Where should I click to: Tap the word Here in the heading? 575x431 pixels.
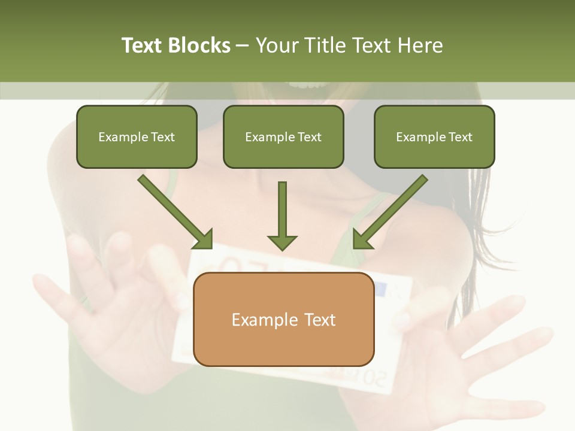tap(422, 45)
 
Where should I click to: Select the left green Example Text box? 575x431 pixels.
tap(137, 136)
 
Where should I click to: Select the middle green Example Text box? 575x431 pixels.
tap(283, 136)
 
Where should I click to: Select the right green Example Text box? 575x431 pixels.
tap(434, 136)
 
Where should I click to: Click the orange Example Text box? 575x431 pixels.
tap(283, 319)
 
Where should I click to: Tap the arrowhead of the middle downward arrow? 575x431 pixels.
tap(282, 242)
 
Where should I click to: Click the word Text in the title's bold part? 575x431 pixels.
tap(143, 45)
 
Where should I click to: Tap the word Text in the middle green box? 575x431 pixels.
tap(309, 137)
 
